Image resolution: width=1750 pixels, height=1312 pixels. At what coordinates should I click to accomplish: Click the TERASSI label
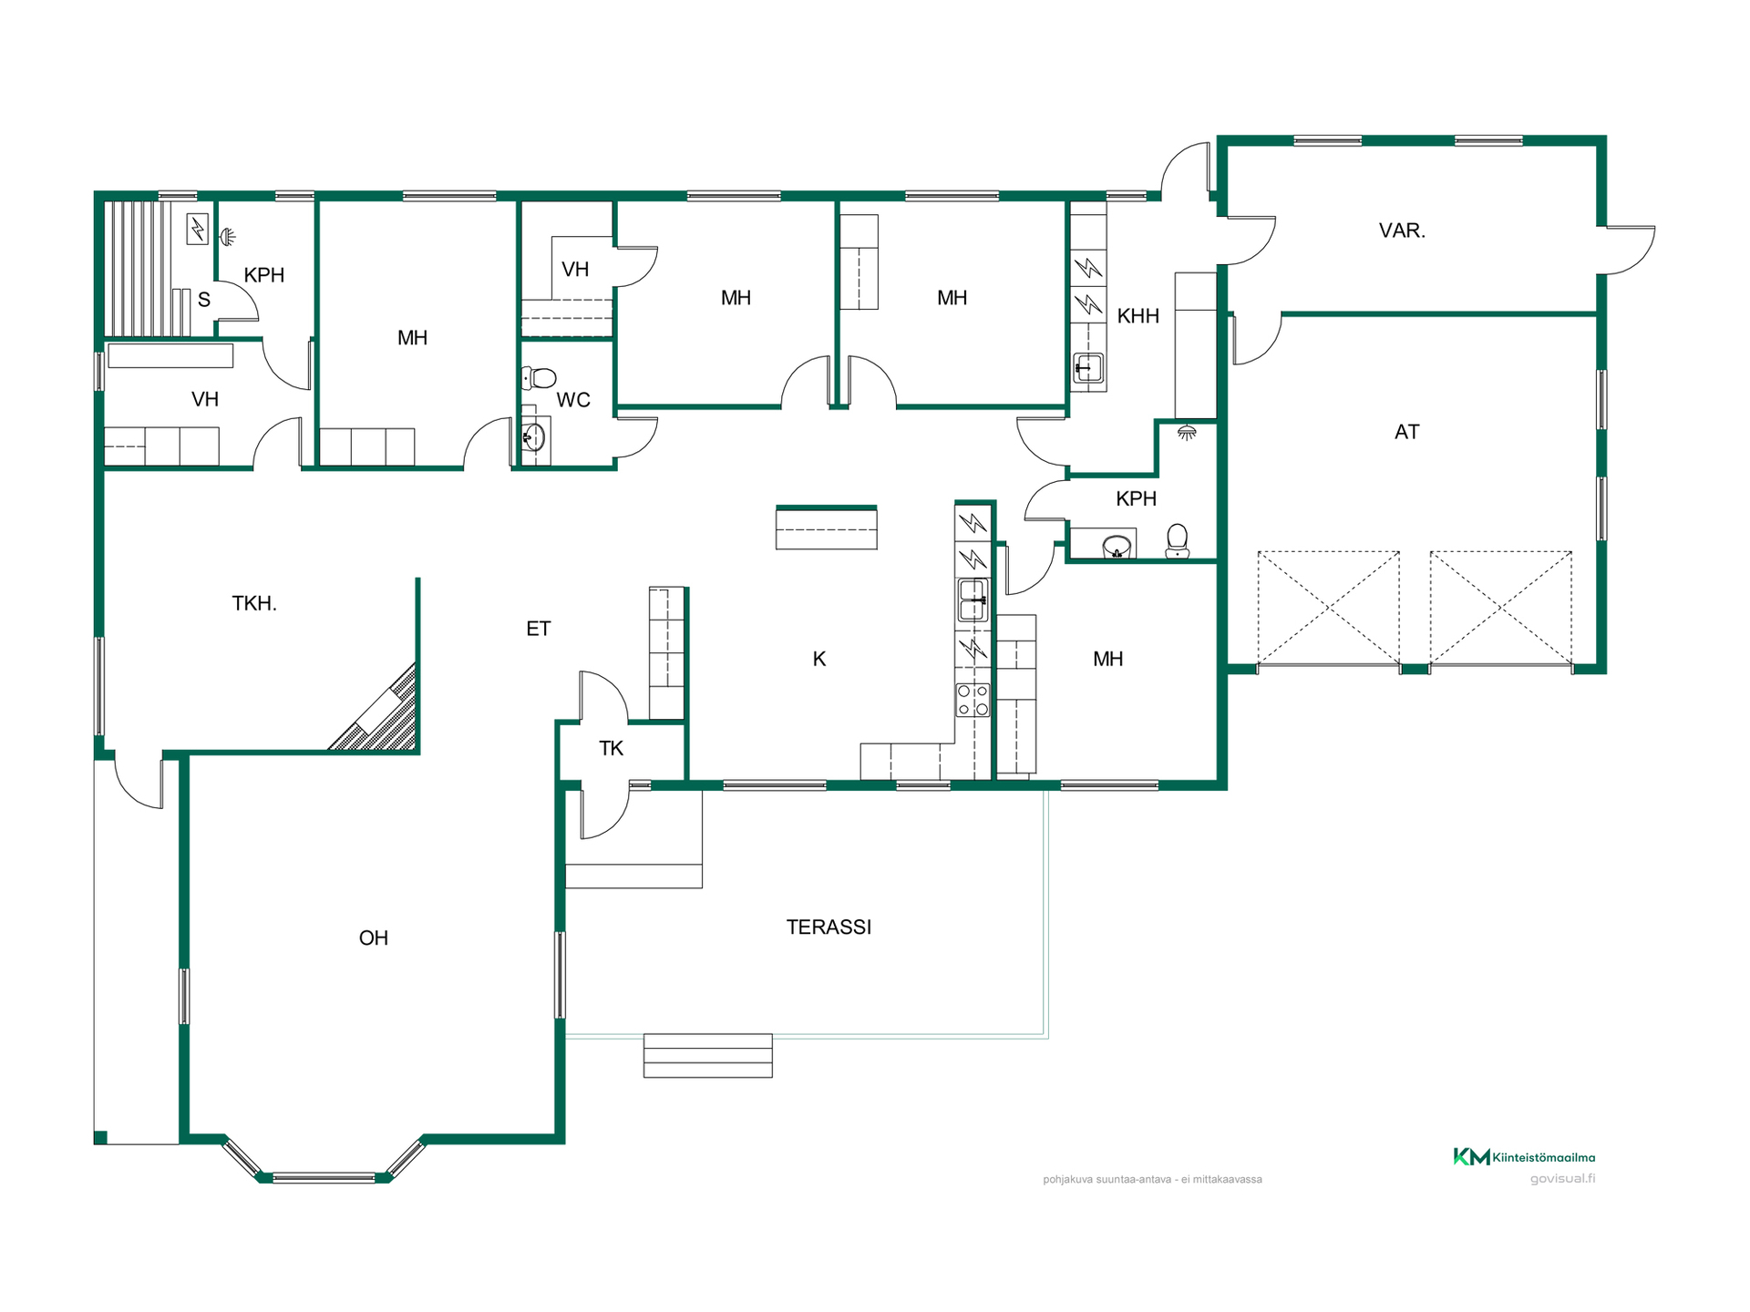tap(829, 928)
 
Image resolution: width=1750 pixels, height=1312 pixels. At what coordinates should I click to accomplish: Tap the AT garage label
tap(1406, 432)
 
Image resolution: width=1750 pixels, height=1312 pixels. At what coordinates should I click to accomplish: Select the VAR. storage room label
tap(1402, 231)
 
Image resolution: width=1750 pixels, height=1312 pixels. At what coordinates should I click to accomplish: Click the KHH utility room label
tap(1138, 316)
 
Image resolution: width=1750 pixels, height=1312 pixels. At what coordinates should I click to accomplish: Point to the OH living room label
tap(374, 938)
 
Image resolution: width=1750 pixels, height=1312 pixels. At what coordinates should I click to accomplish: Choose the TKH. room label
tap(254, 603)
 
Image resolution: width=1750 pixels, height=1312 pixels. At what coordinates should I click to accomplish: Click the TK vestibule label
tap(611, 749)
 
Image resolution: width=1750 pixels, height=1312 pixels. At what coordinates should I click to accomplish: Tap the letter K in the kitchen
tap(819, 659)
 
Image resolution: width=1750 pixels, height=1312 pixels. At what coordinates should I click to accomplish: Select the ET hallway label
tap(539, 629)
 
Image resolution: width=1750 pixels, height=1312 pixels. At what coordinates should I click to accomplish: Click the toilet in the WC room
tap(539, 377)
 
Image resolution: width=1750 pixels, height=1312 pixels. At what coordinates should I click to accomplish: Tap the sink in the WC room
tap(533, 437)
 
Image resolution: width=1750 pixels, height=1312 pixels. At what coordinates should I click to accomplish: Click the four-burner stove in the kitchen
tap(973, 700)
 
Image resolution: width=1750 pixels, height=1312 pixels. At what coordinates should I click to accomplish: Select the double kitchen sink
tap(973, 600)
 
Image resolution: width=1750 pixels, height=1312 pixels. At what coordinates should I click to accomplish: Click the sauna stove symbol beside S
tap(198, 229)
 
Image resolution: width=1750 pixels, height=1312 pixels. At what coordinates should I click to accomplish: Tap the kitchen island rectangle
tap(827, 528)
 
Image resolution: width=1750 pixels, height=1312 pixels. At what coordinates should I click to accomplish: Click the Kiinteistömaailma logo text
tap(1543, 1158)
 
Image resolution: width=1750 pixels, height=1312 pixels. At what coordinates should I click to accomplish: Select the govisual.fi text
tap(1562, 1179)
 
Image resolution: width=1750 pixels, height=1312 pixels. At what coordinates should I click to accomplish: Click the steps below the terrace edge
tap(708, 1056)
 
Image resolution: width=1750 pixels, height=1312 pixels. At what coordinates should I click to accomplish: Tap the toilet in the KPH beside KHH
tap(1178, 540)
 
